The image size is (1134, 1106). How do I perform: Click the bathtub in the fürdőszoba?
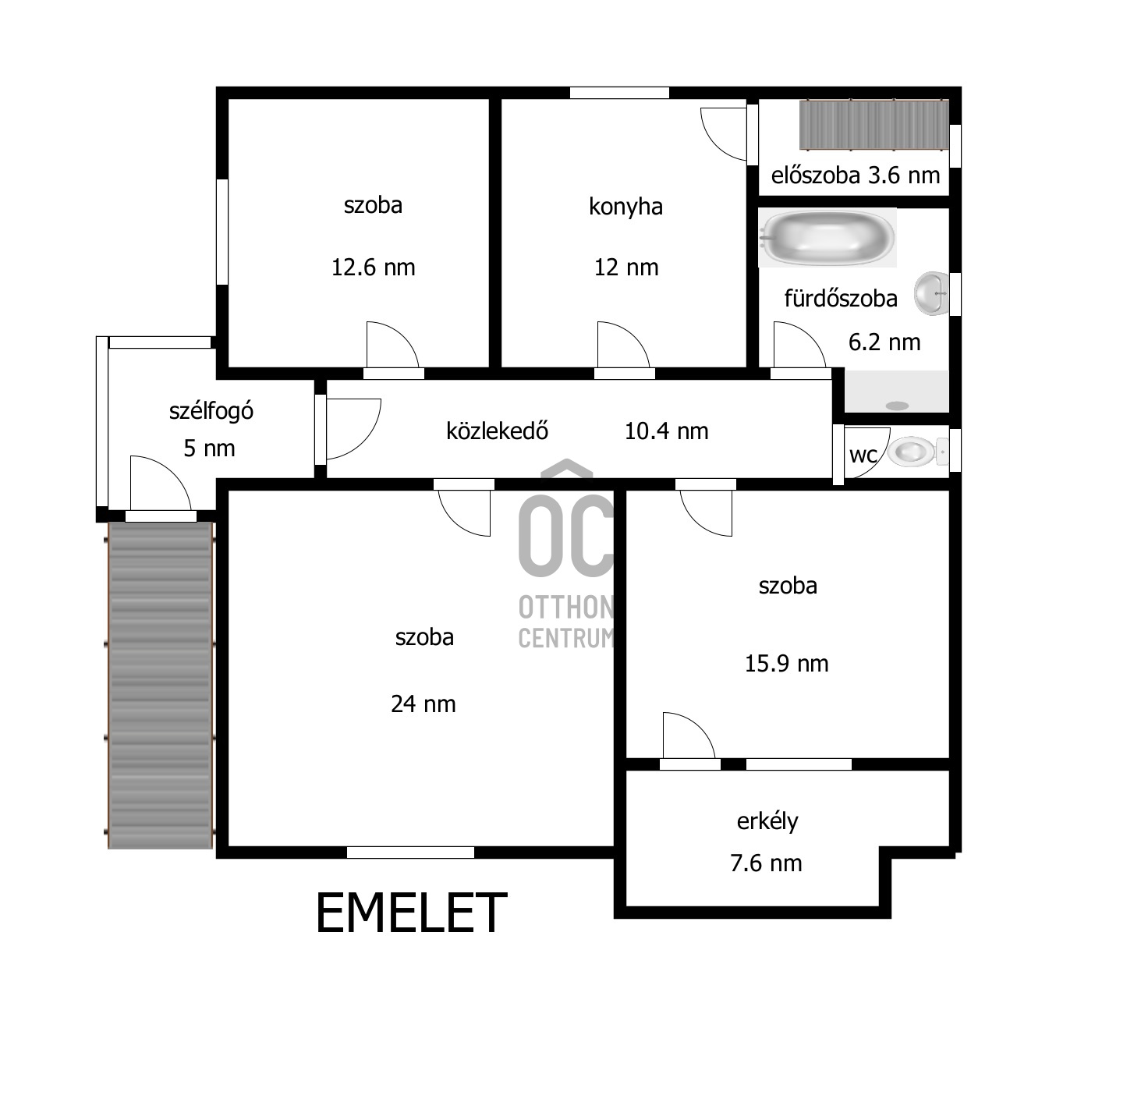827,238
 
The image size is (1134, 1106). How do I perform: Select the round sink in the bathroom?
932,294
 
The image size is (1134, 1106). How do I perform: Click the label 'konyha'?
625,207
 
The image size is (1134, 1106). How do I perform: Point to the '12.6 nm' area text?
373,268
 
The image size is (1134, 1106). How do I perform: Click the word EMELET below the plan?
411,913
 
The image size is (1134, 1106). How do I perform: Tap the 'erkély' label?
767,821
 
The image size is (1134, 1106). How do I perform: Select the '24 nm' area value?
423,704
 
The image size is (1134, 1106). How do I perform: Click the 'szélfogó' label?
211,411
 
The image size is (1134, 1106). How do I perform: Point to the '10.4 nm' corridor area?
666,432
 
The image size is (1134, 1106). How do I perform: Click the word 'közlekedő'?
497,431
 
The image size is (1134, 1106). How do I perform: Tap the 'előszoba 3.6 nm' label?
856,175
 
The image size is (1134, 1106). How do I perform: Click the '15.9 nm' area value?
787,664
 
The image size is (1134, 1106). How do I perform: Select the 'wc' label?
863,455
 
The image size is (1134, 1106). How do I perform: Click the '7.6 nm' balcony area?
766,863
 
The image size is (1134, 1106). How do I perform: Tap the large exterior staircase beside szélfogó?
160,685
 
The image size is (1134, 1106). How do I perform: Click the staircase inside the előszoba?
873,125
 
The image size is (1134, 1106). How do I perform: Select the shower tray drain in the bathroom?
897,406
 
